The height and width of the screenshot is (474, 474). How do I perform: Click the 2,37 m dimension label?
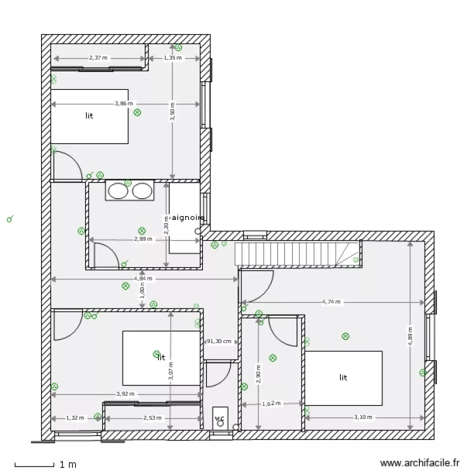(x=98, y=58)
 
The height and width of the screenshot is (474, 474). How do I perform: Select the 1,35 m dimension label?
(x=173, y=58)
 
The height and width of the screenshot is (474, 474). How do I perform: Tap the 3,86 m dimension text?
(x=124, y=103)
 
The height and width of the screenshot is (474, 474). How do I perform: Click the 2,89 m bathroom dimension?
(x=143, y=240)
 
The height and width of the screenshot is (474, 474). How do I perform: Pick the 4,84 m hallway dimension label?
(x=143, y=278)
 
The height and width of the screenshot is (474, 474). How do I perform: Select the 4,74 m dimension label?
(x=331, y=302)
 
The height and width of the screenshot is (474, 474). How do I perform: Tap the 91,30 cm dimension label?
(x=219, y=341)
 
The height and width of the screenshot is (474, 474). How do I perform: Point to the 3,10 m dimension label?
(x=363, y=417)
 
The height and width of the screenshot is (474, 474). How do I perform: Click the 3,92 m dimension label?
(x=125, y=394)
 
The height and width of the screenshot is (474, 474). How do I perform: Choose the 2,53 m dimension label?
(x=152, y=417)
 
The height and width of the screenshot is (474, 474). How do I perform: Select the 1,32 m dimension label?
(x=75, y=417)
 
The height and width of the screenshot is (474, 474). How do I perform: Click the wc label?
(x=219, y=418)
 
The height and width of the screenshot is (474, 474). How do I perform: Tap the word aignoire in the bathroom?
(x=188, y=217)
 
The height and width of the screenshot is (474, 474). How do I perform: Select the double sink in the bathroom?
(x=130, y=190)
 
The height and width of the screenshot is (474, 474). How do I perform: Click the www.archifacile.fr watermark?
(x=418, y=464)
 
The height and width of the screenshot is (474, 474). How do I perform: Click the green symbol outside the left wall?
(x=9, y=219)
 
